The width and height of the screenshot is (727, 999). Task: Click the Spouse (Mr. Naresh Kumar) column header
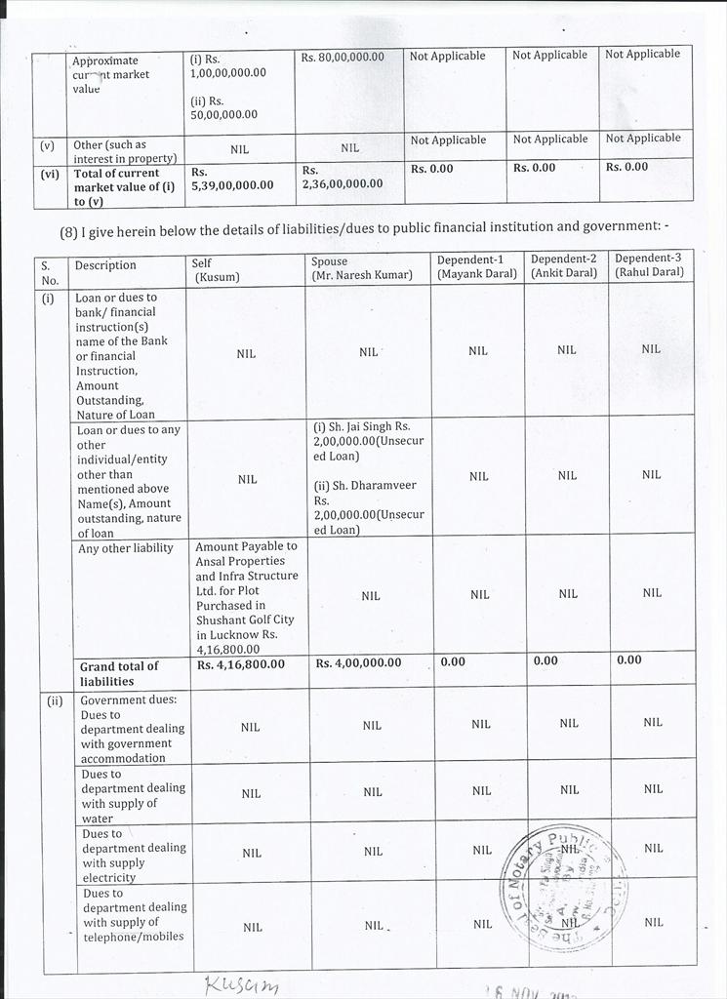pos(361,268)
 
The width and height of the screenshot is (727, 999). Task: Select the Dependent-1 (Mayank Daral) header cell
pos(477,266)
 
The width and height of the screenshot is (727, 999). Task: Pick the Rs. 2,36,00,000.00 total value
pos(343,177)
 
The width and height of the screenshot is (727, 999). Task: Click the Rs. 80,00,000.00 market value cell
pos(343,57)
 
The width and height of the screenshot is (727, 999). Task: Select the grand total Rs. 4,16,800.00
pos(241,664)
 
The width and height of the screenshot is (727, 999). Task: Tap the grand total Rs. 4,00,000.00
pos(358,663)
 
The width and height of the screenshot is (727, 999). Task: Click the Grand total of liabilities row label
pos(118,673)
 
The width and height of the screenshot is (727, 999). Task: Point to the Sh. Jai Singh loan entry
pos(368,441)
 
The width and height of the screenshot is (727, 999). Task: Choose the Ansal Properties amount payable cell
pos(246,597)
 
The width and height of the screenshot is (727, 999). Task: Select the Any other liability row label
pos(125,548)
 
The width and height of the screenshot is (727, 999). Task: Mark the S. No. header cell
pos(50,272)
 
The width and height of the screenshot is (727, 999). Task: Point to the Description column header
pos(105,265)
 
